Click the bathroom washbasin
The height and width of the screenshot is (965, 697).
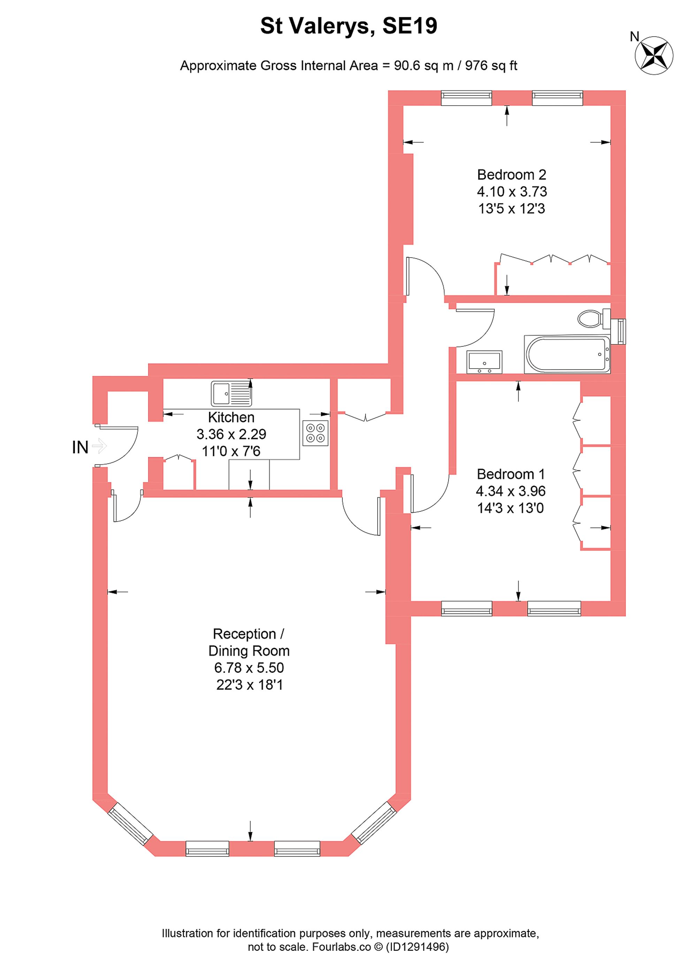(484, 362)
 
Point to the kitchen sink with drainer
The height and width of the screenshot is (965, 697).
(231, 394)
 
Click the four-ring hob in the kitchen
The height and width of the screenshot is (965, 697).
(315, 433)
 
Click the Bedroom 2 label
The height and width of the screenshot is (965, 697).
(511, 174)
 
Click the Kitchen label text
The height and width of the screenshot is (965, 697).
(231, 417)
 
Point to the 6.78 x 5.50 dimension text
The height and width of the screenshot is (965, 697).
(249, 668)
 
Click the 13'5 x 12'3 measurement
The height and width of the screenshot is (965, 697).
(511, 208)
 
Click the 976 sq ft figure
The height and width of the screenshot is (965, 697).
(491, 66)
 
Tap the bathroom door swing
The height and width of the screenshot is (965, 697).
(474, 328)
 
